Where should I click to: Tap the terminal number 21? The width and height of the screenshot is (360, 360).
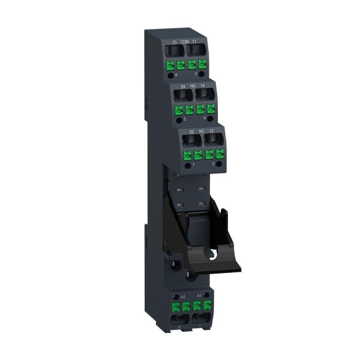click(x=175, y=42)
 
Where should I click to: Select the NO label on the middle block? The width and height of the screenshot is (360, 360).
click(x=193, y=86)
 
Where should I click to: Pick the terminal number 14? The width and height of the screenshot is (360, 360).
click(x=203, y=86)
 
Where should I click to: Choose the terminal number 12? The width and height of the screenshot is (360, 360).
click(x=211, y=131)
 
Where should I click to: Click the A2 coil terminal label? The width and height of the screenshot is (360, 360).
click(x=183, y=296)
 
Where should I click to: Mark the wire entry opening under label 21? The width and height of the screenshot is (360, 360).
click(x=175, y=52)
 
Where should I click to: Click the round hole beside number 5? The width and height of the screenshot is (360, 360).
click(x=180, y=121)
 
